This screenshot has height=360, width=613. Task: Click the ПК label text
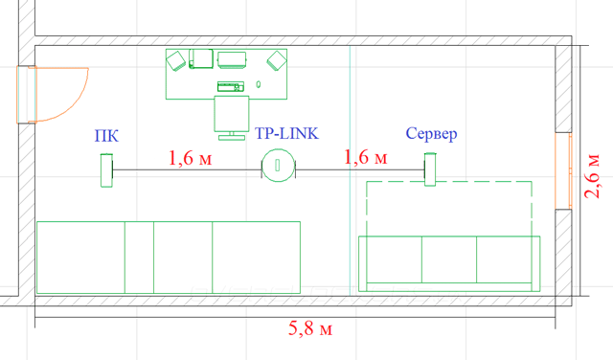106,136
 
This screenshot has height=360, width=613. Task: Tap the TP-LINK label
286,134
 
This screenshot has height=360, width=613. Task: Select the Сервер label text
431,134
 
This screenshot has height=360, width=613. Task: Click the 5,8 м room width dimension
310,328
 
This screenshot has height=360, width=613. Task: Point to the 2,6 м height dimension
592,176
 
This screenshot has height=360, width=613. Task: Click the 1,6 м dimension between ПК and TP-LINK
190,158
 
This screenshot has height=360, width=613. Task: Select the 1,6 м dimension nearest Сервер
366,157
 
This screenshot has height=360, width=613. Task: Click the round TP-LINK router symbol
278,166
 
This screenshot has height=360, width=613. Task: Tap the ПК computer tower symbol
106,170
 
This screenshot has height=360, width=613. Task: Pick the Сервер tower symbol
430,169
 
